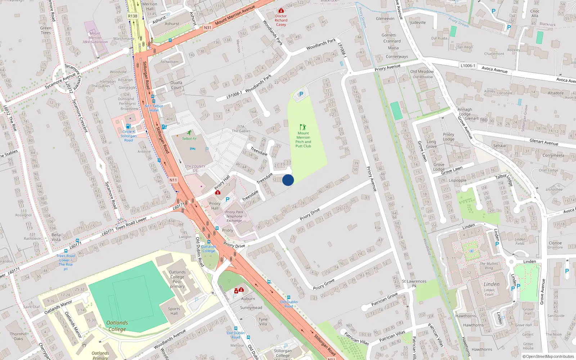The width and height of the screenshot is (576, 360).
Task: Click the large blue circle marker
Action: tap(288, 180)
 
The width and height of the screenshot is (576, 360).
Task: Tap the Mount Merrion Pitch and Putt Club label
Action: tap(303, 140)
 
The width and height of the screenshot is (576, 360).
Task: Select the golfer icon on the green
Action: tap(303, 127)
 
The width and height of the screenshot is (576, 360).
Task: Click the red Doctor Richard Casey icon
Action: tap(281, 11)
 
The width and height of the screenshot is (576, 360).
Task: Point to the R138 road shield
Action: tap(132, 16)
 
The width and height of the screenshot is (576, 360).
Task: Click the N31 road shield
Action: tap(207, 28)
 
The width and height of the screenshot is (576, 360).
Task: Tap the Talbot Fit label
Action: tap(189, 139)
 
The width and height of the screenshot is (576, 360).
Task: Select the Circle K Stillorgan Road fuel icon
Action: tap(128, 126)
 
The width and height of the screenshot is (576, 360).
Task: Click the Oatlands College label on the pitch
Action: tap(117, 326)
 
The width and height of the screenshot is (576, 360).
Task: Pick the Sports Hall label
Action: tap(174, 311)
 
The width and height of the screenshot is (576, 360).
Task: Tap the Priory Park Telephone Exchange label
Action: tap(234, 216)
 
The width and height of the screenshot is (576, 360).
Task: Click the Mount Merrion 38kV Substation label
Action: tap(95, 38)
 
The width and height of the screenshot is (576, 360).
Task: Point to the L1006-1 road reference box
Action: tap(468, 66)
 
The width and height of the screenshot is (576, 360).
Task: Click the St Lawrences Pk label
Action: tap(414, 284)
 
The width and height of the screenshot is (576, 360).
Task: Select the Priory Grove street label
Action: tap(324, 284)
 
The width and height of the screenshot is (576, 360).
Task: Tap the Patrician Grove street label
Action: tap(384, 299)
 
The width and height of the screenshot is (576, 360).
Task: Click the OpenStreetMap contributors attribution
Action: tap(550, 357)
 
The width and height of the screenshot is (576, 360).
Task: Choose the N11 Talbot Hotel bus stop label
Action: tap(154, 108)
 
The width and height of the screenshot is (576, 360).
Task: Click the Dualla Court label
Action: tap(176, 85)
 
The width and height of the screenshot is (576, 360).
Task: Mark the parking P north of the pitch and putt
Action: tap(301, 94)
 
